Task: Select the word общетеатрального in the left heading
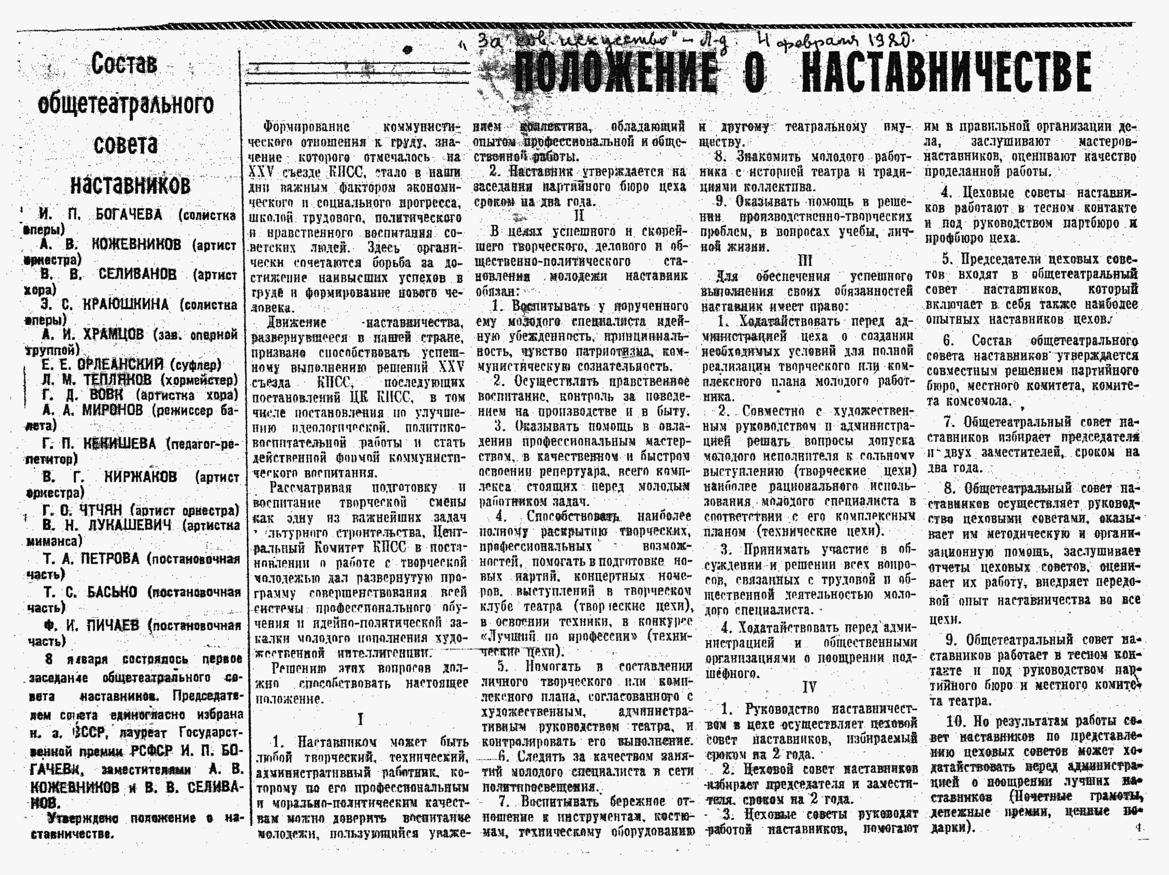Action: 126,104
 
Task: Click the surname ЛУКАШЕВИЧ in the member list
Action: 129,525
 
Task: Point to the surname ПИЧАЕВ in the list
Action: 111,626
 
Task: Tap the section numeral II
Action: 579,216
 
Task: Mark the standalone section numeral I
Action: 360,720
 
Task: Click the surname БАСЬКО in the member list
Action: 112,592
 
